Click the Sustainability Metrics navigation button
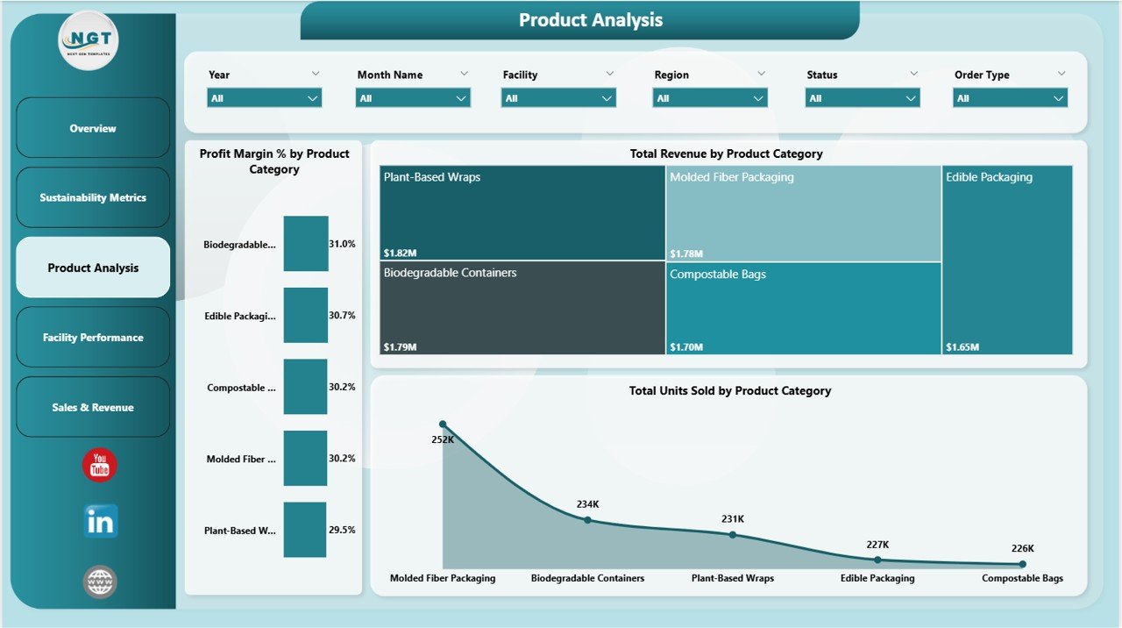pyautogui.click(x=93, y=198)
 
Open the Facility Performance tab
pyautogui.click(x=93, y=338)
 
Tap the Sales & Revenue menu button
pyautogui.click(x=93, y=408)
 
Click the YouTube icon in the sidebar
pyautogui.click(x=100, y=465)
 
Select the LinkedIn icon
pyautogui.click(x=100, y=522)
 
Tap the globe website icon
pyautogui.click(x=100, y=582)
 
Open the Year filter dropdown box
pyautogui.click(x=265, y=98)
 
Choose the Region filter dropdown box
pyautogui.click(x=710, y=98)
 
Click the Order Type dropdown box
pyautogui.click(x=1010, y=98)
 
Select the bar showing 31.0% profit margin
pyautogui.click(x=306, y=244)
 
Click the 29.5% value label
pyautogui.click(x=342, y=530)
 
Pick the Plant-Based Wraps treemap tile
pyautogui.click(x=522, y=213)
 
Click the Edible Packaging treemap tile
pyautogui.click(x=1007, y=260)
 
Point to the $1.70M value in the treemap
pyautogui.click(x=686, y=347)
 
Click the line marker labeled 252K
pyautogui.click(x=443, y=424)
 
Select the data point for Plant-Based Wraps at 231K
pyautogui.click(x=733, y=534)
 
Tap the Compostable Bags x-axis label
pyautogui.click(x=1022, y=578)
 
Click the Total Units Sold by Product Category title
pyautogui.click(x=729, y=391)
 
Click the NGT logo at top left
pyautogui.click(x=89, y=39)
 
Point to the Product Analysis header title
pyautogui.click(x=590, y=20)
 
